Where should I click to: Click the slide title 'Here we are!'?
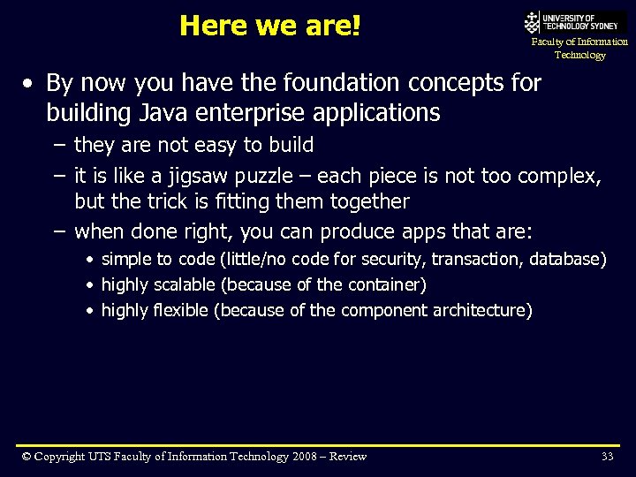coord(270,26)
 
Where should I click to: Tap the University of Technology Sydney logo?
coord(575,21)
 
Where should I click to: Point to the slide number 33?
coord(607,457)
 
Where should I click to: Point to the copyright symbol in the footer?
coord(27,457)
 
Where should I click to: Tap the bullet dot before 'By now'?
coord(29,84)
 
